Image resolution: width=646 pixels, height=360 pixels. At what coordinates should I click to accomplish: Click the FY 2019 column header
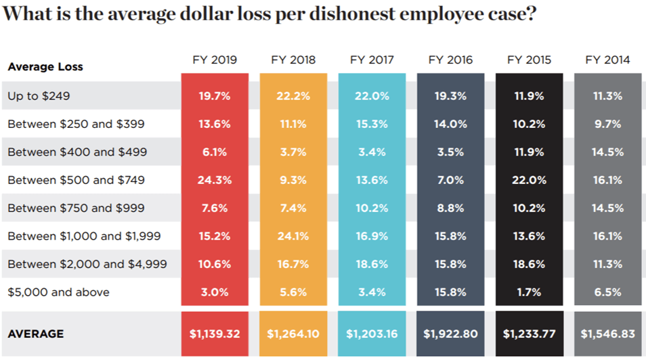(x=215, y=60)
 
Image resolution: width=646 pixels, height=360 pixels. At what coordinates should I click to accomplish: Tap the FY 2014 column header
(x=607, y=60)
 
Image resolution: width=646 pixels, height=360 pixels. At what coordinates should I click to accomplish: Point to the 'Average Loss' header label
(x=45, y=67)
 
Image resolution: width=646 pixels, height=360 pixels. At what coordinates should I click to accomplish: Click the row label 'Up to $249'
(x=39, y=96)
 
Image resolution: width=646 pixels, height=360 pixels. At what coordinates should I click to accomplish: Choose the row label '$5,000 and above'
(x=58, y=292)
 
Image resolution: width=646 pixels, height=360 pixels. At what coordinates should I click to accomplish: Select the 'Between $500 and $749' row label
(x=76, y=180)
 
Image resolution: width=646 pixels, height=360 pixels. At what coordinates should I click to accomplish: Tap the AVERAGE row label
(x=36, y=334)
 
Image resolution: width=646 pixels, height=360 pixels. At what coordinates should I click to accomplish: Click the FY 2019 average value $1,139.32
(x=215, y=334)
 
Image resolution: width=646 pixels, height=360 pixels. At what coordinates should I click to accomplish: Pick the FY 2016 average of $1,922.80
(x=450, y=334)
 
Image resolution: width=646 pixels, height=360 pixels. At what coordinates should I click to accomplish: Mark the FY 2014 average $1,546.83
(x=607, y=334)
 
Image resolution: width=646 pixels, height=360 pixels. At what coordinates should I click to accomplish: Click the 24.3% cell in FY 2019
(x=215, y=180)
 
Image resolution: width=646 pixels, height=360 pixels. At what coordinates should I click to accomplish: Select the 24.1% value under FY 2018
(x=293, y=236)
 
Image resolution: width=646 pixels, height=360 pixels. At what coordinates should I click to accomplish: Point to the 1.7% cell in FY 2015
(x=529, y=292)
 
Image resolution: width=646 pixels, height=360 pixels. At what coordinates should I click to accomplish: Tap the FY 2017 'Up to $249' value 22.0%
(x=372, y=96)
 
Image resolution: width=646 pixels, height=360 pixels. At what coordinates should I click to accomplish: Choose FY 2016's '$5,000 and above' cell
(x=450, y=292)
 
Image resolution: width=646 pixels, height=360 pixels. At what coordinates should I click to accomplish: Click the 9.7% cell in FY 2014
(x=607, y=125)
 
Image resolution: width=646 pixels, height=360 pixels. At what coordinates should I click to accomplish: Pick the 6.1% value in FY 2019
(x=215, y=152)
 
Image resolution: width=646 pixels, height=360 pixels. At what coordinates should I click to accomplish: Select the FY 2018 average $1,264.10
(x=293, y=334)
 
